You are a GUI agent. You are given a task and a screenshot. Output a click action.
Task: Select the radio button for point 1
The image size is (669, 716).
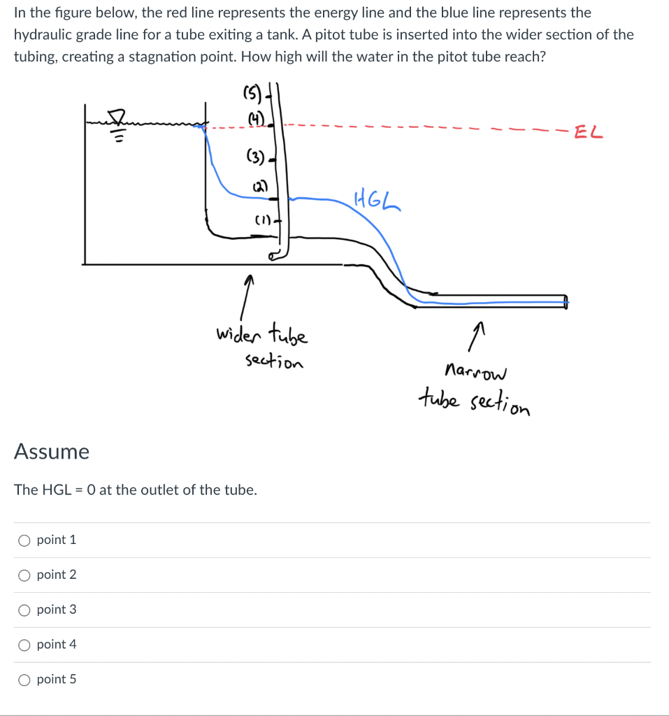(x=24, y=540)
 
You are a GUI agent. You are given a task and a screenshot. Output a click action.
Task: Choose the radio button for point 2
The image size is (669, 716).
(x=24, y=575)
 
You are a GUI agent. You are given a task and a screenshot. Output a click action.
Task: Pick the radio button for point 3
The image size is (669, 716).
(x=24, y=610)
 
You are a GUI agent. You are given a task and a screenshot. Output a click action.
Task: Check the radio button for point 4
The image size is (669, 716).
(x=24, y=645)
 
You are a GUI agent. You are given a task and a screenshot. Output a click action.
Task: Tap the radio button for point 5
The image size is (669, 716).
(x=24, y=679)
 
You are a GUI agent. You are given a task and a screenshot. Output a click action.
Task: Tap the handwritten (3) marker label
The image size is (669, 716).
(x=254, y=157)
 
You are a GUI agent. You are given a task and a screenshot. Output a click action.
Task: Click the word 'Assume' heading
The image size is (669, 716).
(x=52, y=452)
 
